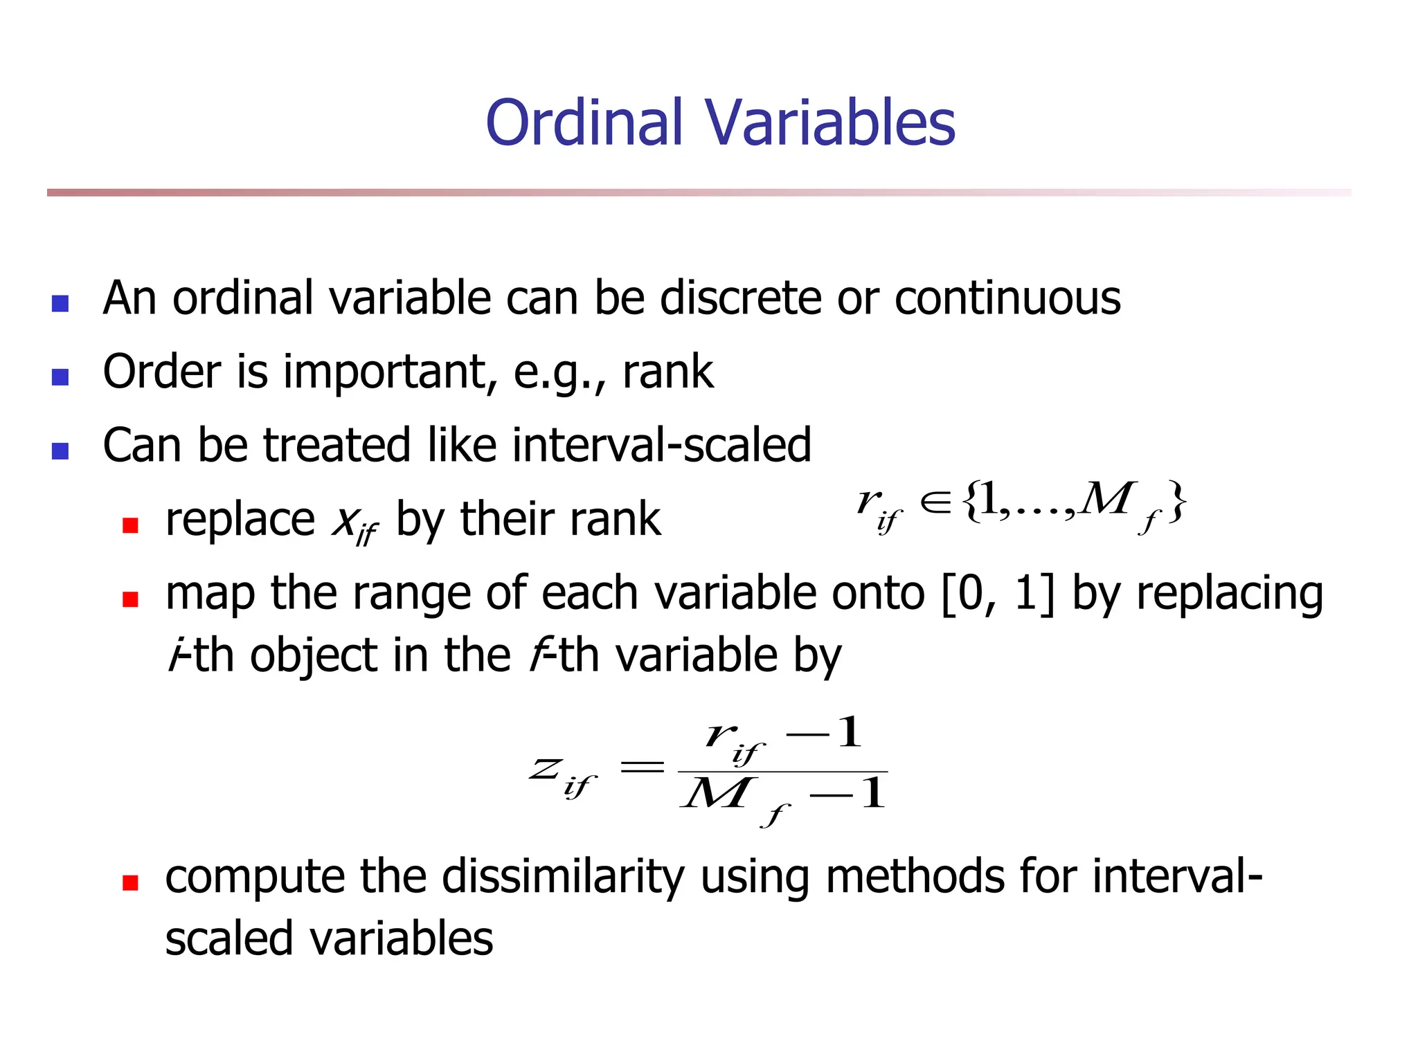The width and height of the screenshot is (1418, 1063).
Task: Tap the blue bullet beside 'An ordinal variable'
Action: click(x=60, y=303)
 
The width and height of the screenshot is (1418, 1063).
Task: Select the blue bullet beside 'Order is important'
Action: click(x=60, y=376)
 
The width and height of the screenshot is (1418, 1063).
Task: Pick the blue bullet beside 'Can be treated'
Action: click(x=60, y=451)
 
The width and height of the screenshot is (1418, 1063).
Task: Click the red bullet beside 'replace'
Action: click(x=130, y=525)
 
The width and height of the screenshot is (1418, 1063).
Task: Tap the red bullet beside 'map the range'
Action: click(x=130, y=599)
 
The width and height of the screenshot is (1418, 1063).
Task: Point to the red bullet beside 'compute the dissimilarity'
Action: click(x=130, y=882)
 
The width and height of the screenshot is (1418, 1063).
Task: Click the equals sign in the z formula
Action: click(x=642, y=767)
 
